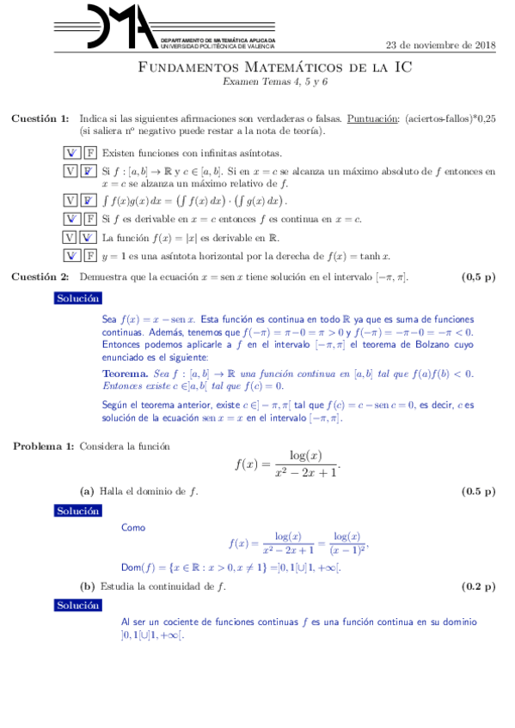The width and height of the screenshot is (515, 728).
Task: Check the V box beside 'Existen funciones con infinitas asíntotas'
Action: (x=72, y=153)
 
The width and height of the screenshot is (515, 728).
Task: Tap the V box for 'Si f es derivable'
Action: (x=72, y=219)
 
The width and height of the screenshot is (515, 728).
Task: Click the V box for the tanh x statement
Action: (x=72, y=255)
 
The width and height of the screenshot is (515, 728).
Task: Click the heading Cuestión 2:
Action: (x=40, y=276)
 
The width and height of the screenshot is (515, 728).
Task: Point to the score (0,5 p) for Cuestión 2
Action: (x=479, y=276)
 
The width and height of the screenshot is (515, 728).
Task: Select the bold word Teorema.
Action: (x=125, y=373)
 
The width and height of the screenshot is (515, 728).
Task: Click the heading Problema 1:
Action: (x=42, y=446)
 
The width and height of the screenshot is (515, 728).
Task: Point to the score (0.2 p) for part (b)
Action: (x=479, y=587)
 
